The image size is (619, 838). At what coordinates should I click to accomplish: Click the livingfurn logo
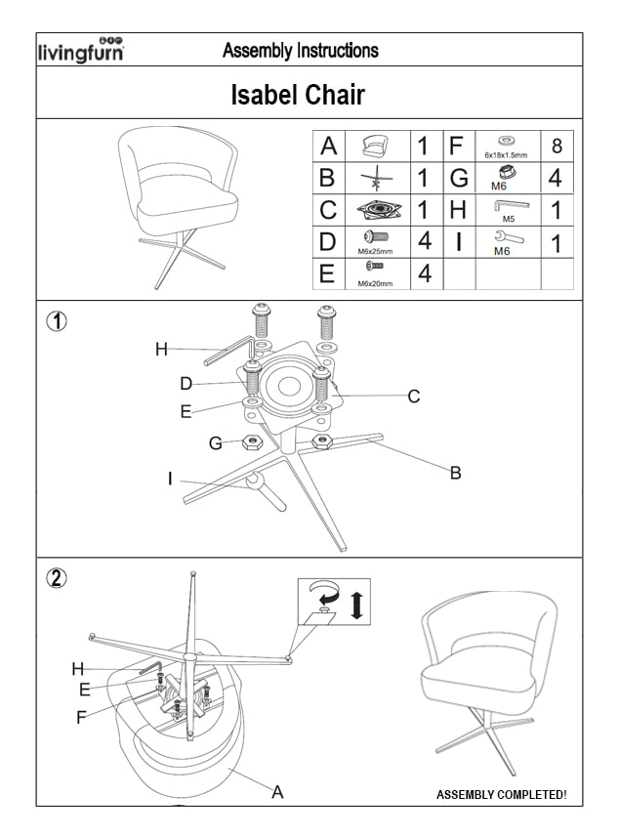(x=80, y=51)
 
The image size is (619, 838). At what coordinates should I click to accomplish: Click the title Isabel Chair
(x=298, y=95)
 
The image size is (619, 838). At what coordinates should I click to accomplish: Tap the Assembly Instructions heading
(x=301, y=50)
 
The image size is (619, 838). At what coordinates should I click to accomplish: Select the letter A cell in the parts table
(x=329, y=147)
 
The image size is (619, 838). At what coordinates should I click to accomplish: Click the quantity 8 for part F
(x=557, y=147)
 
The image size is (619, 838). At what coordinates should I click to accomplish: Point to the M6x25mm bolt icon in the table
(x=376, y=236)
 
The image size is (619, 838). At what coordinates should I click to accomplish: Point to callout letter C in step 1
(x=414, y=397)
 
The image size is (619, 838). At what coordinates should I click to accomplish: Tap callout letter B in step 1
(x=455, y=474)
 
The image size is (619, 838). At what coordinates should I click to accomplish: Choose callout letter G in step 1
(x=216, y=443)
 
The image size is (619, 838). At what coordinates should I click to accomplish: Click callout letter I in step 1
(x=171, y=479)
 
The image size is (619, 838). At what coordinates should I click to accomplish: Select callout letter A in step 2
(x=277, y=791)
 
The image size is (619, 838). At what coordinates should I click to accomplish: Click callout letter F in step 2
(x=82, y=718)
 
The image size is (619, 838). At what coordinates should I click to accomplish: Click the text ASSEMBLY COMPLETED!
(x=501, y=795)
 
